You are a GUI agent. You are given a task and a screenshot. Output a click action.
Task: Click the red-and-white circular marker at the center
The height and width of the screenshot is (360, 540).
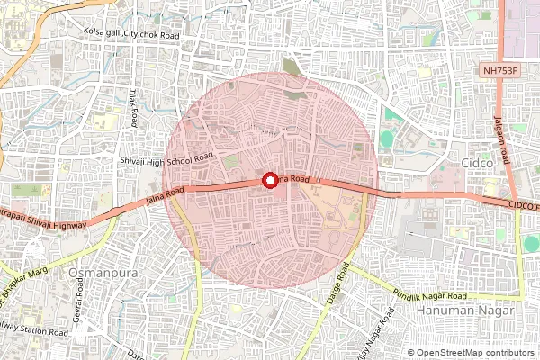268,180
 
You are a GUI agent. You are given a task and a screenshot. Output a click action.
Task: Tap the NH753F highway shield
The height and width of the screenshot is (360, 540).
501,69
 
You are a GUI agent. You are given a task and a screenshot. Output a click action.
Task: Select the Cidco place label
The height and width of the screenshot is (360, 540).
477,163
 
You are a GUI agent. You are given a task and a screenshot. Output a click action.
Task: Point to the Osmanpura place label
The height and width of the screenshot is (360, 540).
103,271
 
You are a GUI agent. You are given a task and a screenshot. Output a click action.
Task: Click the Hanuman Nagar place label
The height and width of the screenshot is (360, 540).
465,310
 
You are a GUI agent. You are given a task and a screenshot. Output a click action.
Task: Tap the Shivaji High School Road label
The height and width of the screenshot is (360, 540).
166,158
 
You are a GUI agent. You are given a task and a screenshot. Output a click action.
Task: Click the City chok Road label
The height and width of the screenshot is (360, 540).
153,33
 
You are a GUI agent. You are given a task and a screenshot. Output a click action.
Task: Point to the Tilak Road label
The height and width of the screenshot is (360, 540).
132,107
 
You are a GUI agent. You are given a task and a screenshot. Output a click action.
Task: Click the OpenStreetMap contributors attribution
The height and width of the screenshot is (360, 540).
473,353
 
